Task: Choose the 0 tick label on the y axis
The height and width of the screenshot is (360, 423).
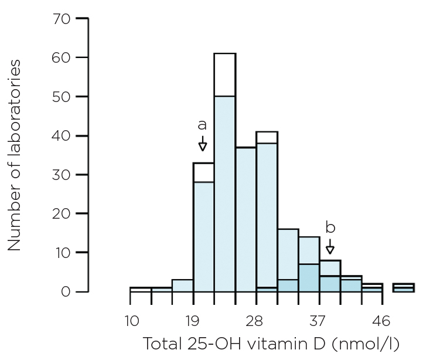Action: [x=66, y=291]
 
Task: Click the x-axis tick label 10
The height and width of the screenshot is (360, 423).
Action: [x=131, y=321]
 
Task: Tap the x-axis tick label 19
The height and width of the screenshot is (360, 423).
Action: [x=193, y=321]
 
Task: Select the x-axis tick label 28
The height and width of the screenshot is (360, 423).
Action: [x=256, y=321]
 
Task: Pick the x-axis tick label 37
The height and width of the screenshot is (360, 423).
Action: [x=319, y=321]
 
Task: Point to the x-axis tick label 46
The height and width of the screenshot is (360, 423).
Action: [x=382, y=321]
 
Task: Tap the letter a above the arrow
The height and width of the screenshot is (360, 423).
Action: [x=202, y=125]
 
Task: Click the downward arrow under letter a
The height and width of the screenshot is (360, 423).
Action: [x=203, y=144]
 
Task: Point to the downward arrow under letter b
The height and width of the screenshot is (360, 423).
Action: [x=330, y=246]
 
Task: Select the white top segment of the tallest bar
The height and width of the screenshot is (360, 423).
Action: [x=224, y=74]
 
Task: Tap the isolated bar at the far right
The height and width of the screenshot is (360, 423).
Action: [x=403, y=287]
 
